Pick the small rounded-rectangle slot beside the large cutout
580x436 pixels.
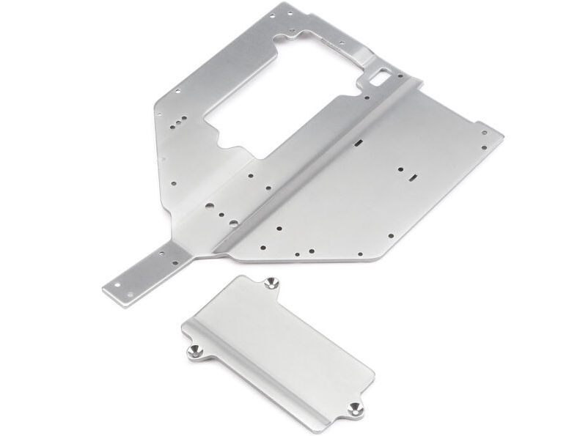(383, 73)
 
